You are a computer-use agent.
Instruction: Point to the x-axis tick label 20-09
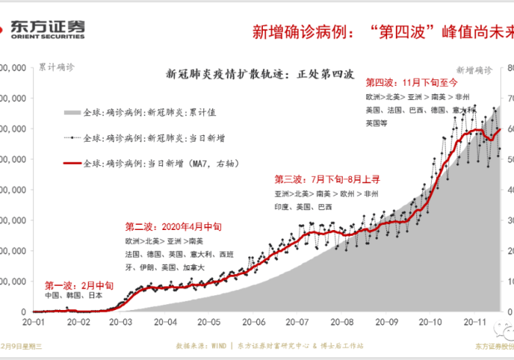click(386, 321)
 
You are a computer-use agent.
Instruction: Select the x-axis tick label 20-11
click(474, 321)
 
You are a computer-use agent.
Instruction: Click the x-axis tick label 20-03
click(121, 321)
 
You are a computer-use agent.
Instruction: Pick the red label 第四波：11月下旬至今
click(411, 83)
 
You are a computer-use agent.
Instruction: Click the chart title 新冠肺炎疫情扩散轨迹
click(261, 73)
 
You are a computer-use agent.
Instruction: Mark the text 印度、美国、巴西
click(303, 206)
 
